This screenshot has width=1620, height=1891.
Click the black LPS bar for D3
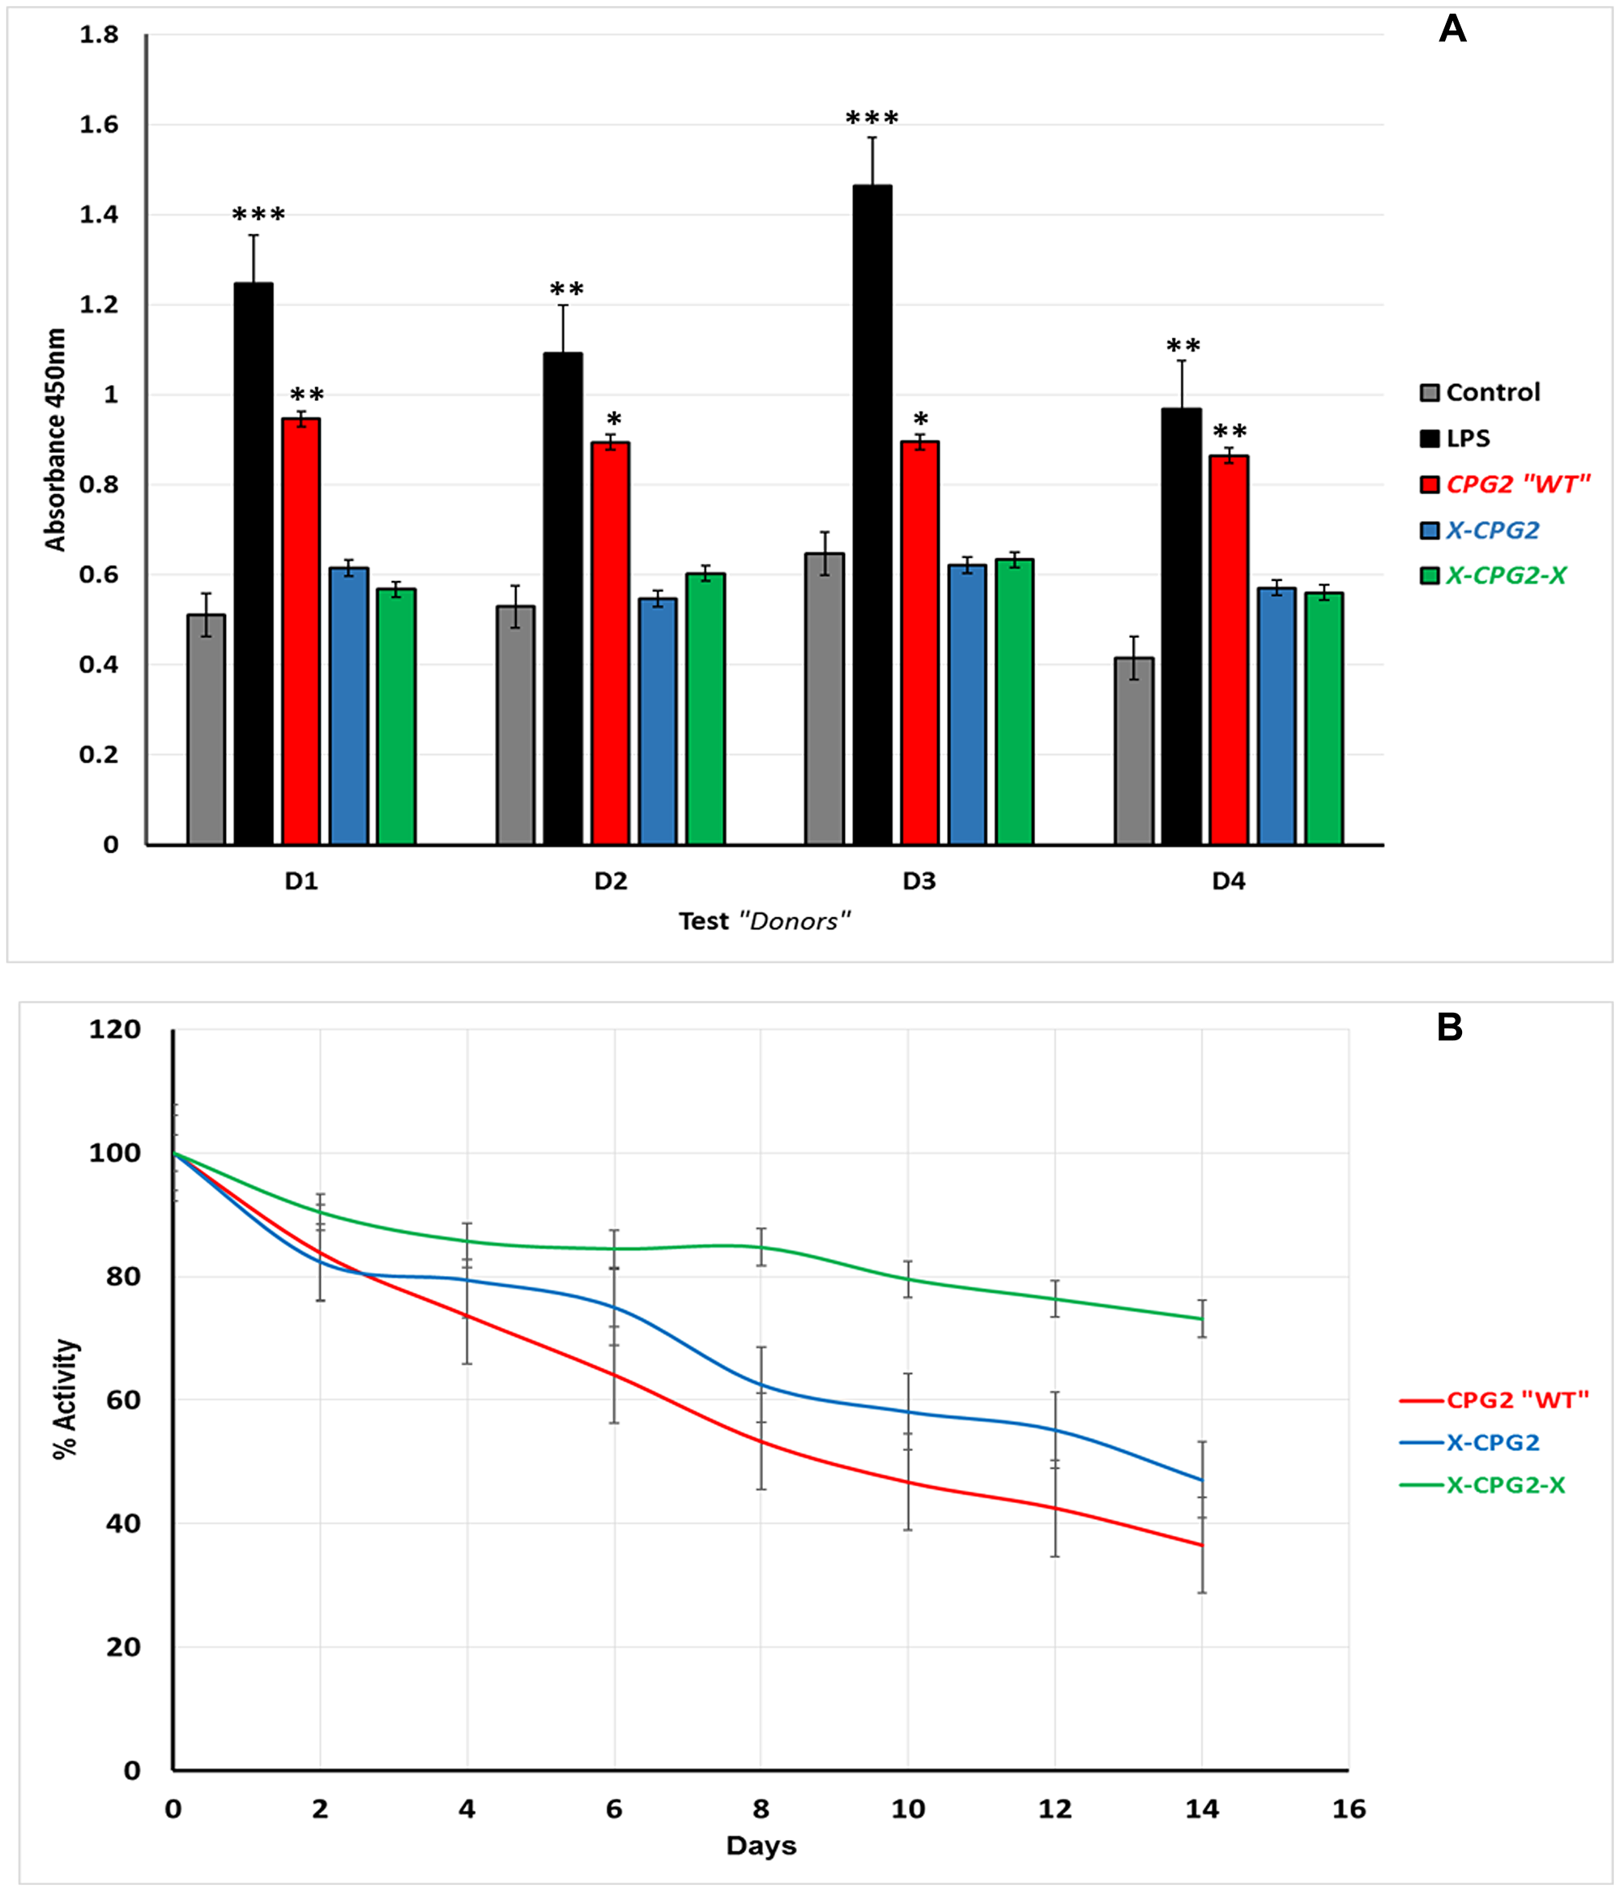[872, 515]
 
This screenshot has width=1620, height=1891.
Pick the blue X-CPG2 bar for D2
[657, 722]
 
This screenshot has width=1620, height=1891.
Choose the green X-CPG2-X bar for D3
[1013, 702]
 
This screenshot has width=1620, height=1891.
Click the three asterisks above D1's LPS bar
[258, 216]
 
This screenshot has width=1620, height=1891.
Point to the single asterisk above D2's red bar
[613, 420]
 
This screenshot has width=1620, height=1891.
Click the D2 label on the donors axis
[611, 881]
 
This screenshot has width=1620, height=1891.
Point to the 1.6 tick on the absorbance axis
[99, 125]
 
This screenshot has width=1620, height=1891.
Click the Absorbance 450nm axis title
[56, 439]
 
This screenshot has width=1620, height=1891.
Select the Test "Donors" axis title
[764, 921]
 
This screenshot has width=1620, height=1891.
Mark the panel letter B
[1449, 1027]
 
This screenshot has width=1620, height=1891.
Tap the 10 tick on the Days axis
[907, 1809]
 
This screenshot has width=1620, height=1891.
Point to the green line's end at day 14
[1201, 1319]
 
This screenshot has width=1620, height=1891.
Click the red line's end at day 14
[1201, 1545]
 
